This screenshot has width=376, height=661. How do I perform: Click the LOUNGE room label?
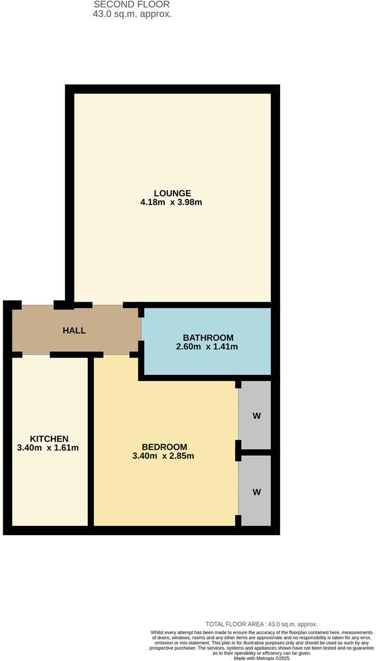point(172,193)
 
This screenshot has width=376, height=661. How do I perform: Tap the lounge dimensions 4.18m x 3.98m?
point(172,202)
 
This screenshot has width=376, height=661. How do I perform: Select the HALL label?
point(74,330)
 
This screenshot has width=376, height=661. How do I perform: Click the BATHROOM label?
point(208,337)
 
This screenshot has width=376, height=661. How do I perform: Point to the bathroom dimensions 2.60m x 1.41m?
point(208,346)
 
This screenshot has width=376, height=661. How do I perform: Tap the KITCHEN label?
point(49,438)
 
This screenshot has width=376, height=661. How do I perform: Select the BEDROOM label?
point(164,446)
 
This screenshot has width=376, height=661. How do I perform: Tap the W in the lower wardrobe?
point(256,492)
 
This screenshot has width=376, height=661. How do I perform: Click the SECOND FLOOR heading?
point(132,4)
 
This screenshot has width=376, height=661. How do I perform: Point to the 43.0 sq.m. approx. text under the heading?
point(132,14)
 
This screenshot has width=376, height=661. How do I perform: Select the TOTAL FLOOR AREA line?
point(261,624)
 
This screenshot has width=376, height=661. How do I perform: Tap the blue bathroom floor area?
point(207,363)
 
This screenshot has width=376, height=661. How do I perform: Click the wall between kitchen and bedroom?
point(91,444)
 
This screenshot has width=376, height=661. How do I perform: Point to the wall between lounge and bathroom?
point(207,305)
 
